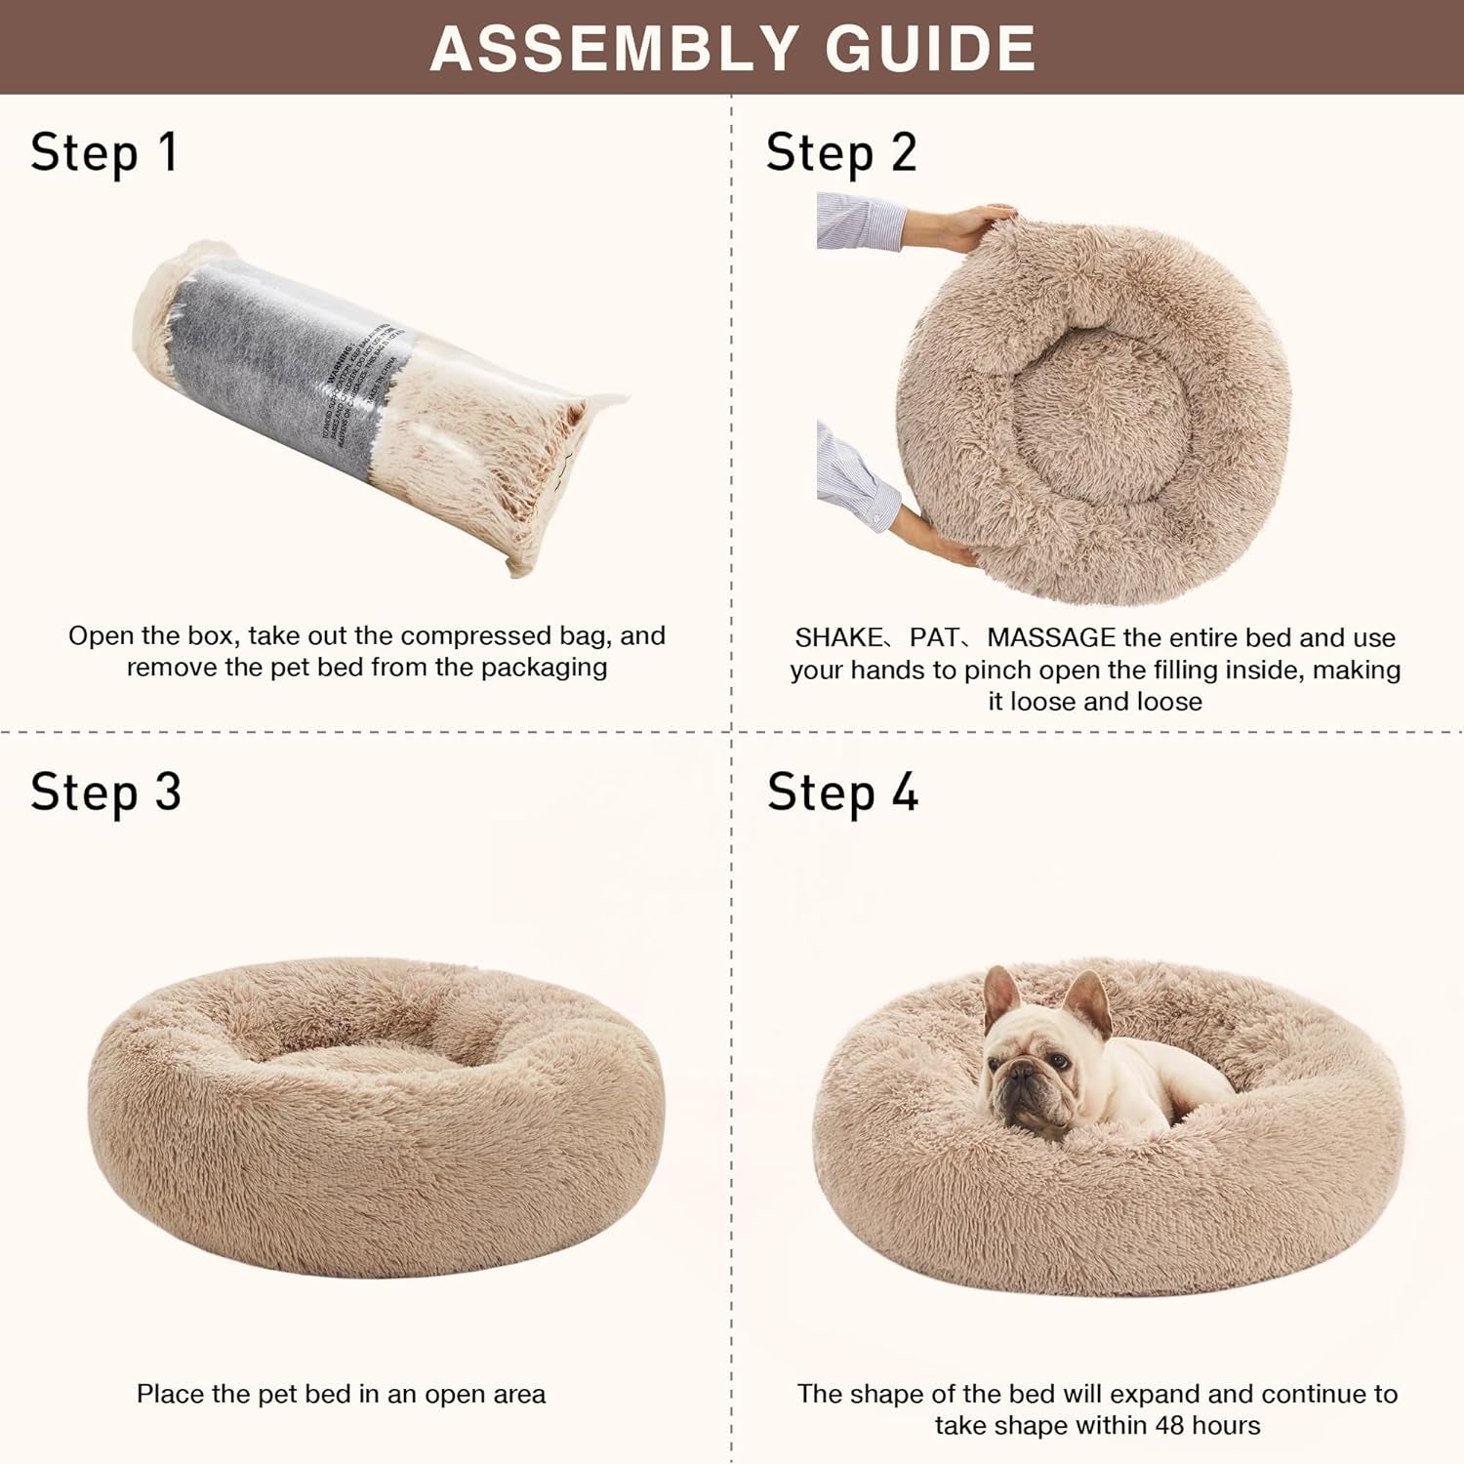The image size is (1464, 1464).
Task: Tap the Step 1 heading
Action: coord(103,153)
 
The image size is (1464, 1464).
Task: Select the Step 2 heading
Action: coord(841,153)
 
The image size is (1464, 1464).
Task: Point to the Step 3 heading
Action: coord(105,792)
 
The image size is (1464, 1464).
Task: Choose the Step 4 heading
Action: coord(842,792)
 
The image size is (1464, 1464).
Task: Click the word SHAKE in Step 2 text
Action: coord(837,638)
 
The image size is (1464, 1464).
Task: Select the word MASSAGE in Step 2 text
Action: coord(1051,638)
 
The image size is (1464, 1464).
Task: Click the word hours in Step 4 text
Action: coord(1227,1426)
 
